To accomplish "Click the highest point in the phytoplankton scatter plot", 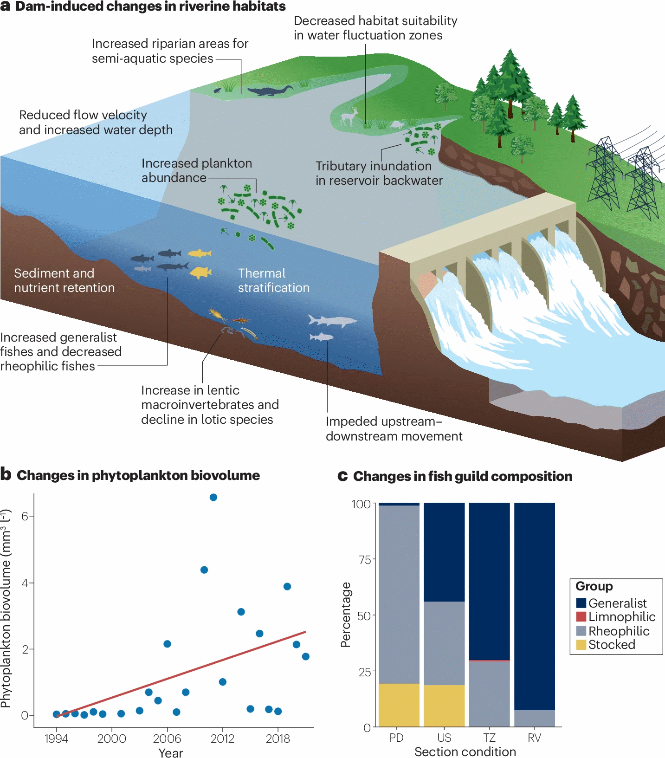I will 213,497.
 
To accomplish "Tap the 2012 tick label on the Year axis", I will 222,739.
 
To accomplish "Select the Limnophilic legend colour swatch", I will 581,617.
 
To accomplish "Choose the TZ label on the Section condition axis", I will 490,738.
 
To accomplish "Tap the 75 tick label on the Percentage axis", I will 365,560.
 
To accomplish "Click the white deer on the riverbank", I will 349,117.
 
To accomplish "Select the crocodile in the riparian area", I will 270,91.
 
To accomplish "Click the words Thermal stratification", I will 273,280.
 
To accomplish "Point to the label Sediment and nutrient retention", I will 64,280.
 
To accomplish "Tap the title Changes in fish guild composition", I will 462,476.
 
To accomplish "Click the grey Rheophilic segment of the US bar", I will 444,643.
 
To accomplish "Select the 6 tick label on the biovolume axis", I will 25,517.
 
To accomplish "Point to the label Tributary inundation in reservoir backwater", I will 379,173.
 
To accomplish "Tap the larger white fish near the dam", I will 332,320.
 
